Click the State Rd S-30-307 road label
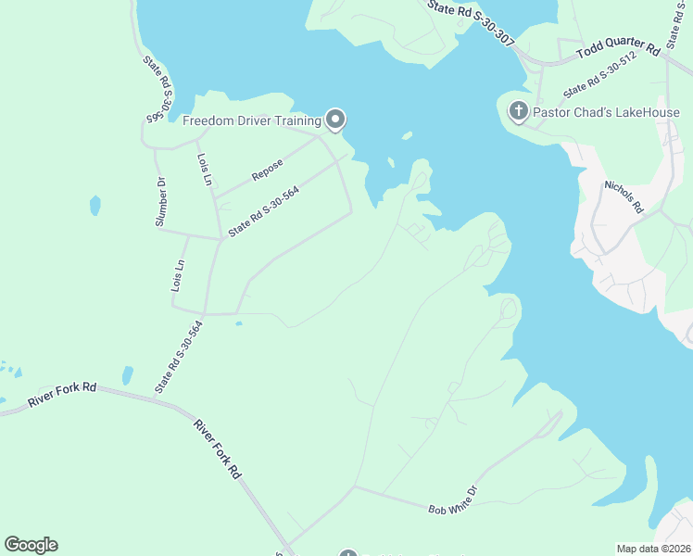[471, 20]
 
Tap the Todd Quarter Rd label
[618, 51]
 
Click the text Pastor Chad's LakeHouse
[607, 113]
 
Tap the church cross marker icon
[518, 112]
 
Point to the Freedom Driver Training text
[251, 120]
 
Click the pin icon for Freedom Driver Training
[335, 120]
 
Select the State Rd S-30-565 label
[157, 89]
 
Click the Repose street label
[267, 170]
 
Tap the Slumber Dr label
[160, 202]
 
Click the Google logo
[31, 545]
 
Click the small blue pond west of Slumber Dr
[94, 204]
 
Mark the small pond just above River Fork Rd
[127, 376]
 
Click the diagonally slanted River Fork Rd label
[218, 449]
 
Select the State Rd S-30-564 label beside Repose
[263, 208]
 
